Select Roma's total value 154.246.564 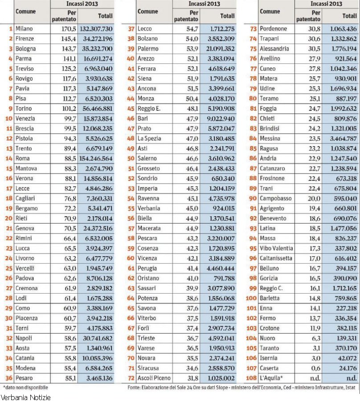[x=95, y=158]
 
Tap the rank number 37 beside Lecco [x=131, y=29]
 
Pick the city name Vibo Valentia [x=276, y=248]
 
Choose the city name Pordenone [x=273, y=29]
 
